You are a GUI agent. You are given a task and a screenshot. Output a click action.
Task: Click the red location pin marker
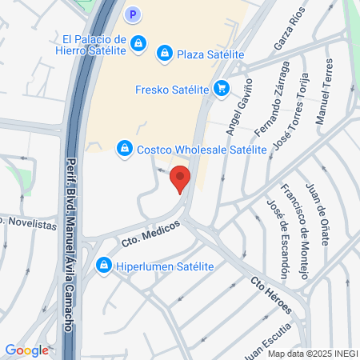click(x=181, y=178)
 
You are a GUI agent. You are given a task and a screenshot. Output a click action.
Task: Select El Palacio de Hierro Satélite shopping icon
click(x=139, y=42)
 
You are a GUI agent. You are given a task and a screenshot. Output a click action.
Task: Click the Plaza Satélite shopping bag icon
click(x=165, y=53)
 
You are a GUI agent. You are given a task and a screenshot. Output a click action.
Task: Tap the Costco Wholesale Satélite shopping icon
click(x=124, y=148)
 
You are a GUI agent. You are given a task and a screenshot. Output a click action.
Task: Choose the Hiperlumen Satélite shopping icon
click(x=103, y=265)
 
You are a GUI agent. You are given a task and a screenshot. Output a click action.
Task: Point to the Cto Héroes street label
click(x=271, y=295)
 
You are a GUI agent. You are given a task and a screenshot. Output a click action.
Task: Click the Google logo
click(x=27, y=350)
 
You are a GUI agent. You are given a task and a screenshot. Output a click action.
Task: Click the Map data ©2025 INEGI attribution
click(x=312, y=354)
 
